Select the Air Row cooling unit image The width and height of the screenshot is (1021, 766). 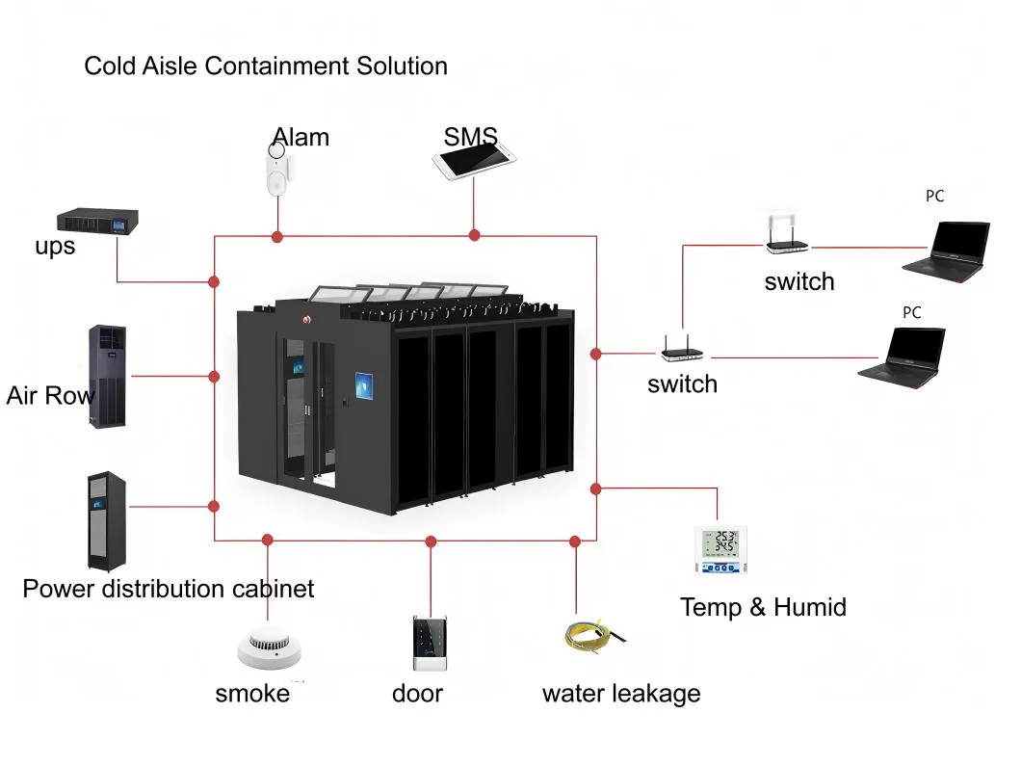(x=108, y=377)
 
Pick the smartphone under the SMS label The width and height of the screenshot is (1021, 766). (x=474, y=161)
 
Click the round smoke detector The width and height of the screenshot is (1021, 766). (x=269, y=647)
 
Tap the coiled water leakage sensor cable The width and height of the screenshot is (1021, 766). (x=588, y=636)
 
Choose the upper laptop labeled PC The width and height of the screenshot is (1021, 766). (x=947, y=250)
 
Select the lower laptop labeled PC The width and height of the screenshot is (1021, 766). (x=903, y=356)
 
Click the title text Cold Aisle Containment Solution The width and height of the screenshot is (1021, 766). (x=266, y=66)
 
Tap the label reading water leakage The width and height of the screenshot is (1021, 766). (x=620, y=693)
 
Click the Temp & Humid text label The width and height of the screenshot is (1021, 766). (x=762, y=607)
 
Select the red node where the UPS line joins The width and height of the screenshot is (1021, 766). (x=214, y=282)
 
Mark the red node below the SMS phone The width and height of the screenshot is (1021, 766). (x=474, y=235)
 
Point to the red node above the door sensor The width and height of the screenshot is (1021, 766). (x=431, y=542)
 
